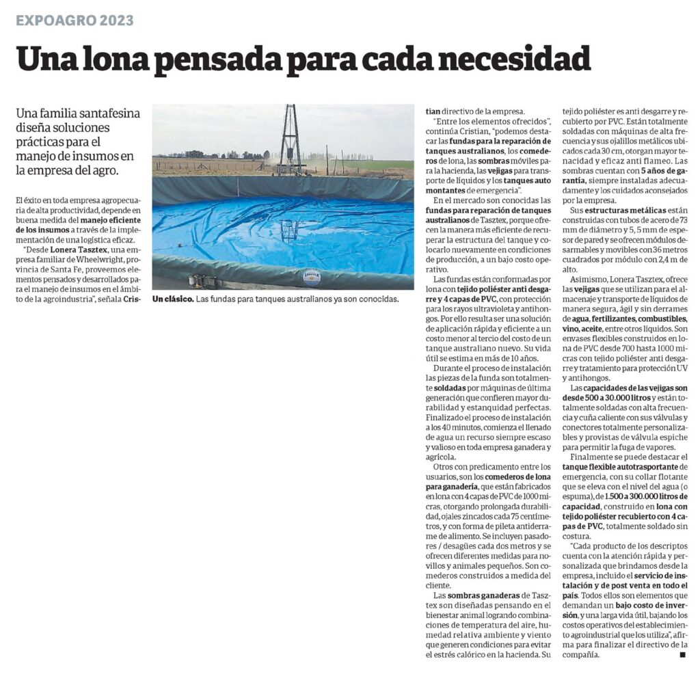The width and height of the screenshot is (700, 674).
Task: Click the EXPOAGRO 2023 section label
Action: pyautogui.click(x=75, y=20)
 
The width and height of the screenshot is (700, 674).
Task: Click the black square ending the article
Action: pyautogui.click(x=682, y=655)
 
